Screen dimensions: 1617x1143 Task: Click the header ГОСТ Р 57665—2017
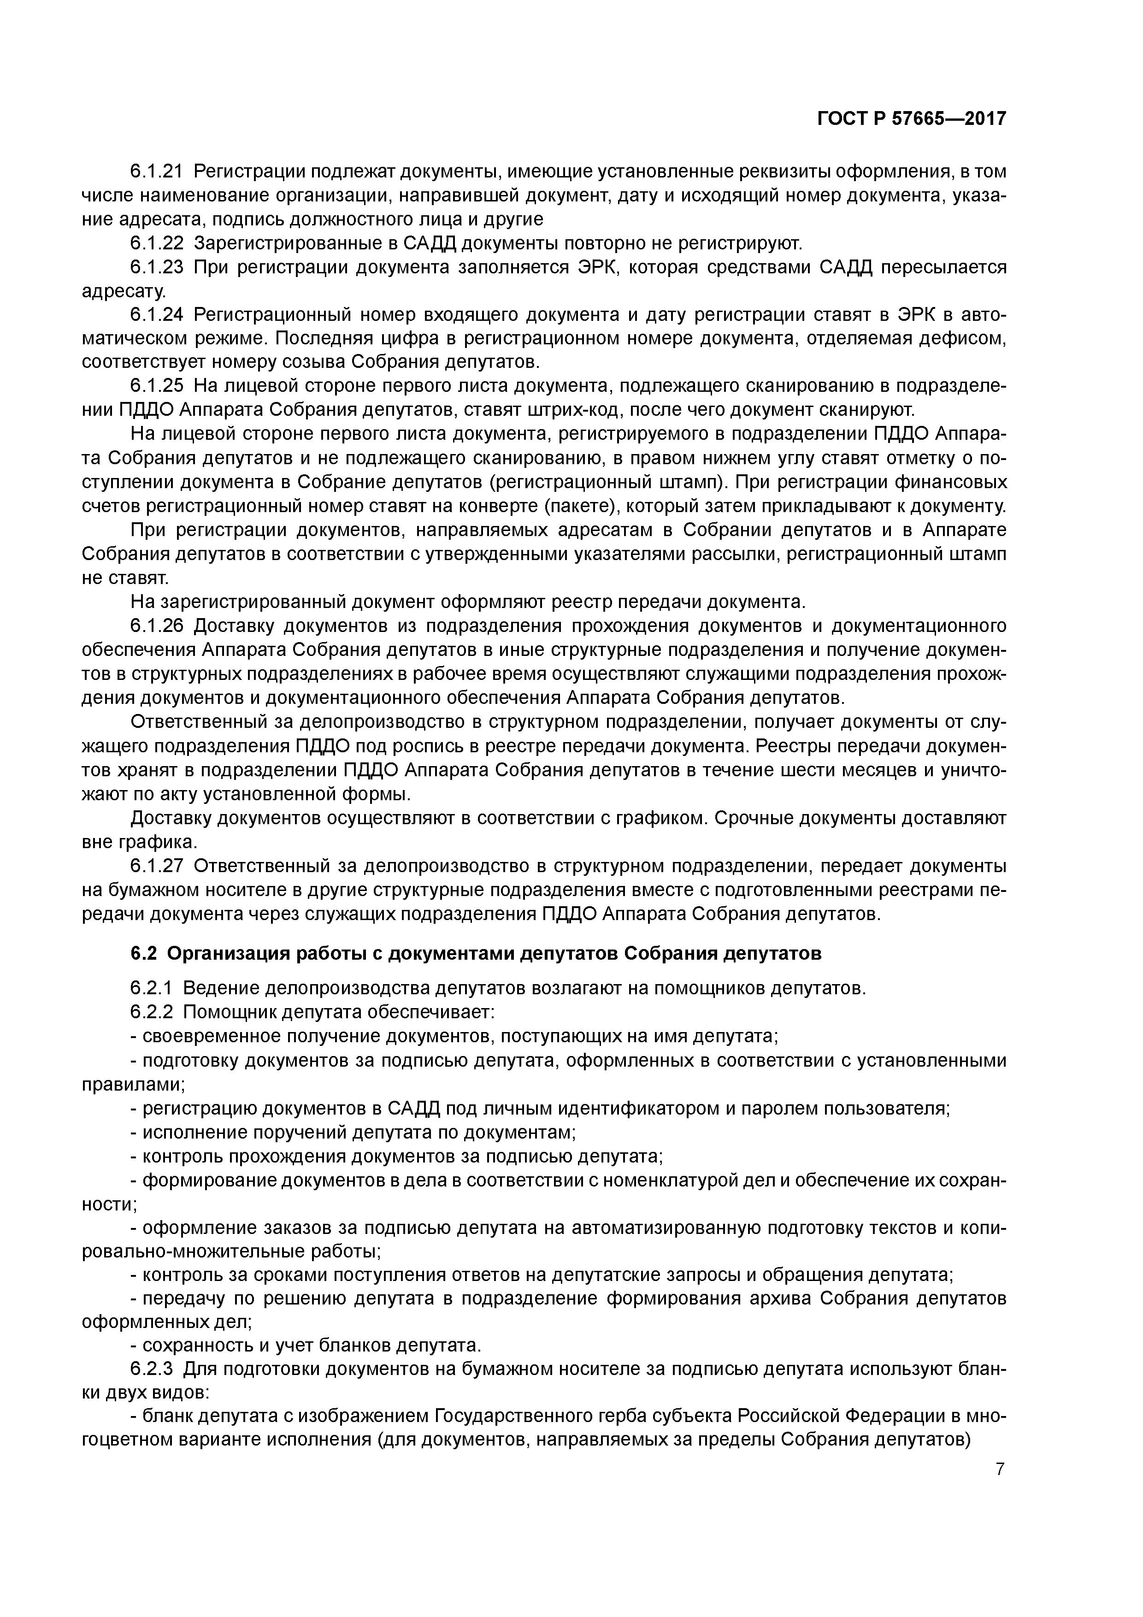tap(911, 119)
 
